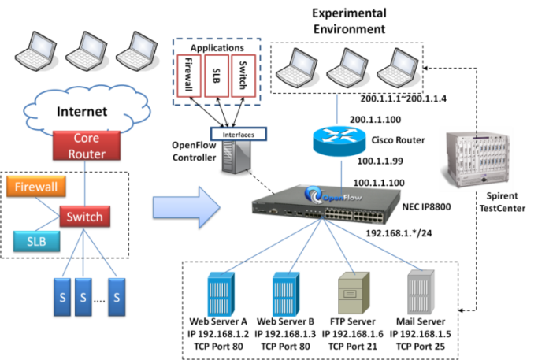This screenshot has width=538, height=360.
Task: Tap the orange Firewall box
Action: pyautogui.click(x=35, y=187)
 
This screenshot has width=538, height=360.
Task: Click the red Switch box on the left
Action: pyautogui.click(x=84, y=216)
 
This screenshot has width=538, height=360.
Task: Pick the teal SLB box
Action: pyautogui.click(x=36, y=241)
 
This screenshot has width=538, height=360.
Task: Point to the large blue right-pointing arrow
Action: pyautogui.click(x=187, y=206)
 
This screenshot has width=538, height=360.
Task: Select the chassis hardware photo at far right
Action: pyautogui.click(x=476, y=159)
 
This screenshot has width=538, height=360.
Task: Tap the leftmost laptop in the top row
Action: pyautogui.click(x=36, y=52)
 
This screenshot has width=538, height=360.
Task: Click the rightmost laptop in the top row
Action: pyautogui.click(x=395, y=69)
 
